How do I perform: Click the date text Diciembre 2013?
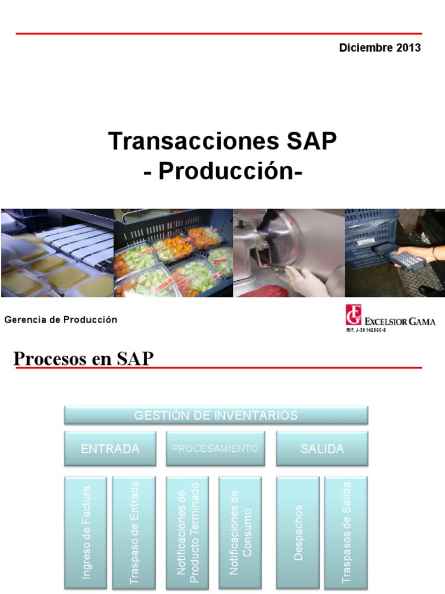point(380,48)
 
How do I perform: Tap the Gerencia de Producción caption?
point(61,320)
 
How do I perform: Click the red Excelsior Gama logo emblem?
point(353,315)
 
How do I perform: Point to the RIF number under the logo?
point(366,330)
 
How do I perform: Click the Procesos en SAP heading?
point(83,358)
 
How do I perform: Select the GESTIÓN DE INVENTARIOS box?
point(216,415)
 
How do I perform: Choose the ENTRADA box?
point(110,449)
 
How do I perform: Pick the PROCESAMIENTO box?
point(215,449)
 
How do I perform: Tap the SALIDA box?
point(322,449)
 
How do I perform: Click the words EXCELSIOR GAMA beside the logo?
point(400,321)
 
